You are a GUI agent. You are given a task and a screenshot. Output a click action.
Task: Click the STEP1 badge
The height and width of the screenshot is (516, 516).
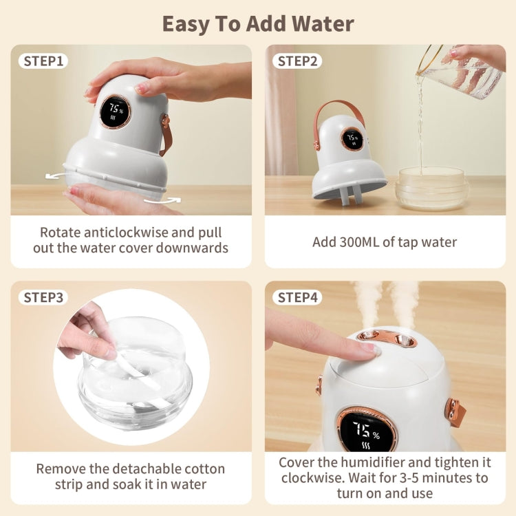pos(43,61)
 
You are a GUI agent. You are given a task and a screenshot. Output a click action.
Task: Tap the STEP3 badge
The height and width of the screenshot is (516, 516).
pos(43,297)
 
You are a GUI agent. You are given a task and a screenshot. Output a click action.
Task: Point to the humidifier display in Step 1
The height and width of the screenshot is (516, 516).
pos(115,111)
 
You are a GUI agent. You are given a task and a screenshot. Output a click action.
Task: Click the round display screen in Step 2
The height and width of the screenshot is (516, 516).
pos(352,138)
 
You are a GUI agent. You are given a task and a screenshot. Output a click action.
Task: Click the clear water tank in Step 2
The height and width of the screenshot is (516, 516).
pos(431,189)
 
